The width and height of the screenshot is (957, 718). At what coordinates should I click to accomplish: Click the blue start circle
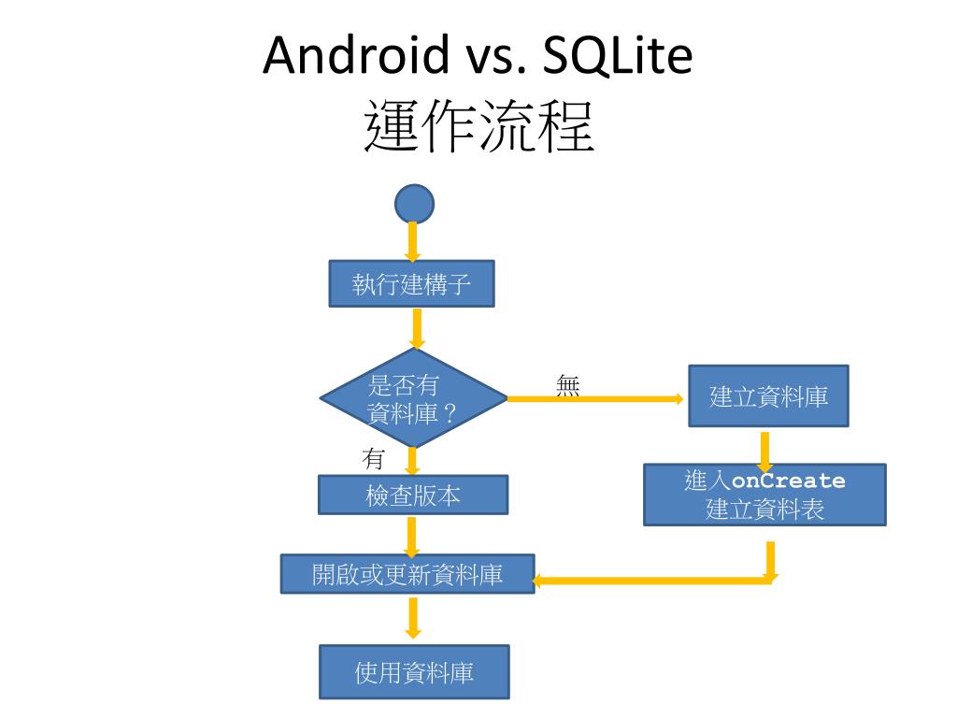point(414,203)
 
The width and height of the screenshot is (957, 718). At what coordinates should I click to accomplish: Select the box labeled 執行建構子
point(411,284)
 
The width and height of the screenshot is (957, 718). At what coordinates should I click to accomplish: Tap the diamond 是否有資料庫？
point(413,398)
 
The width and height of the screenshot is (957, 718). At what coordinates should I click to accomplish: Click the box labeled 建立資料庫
point(768,396)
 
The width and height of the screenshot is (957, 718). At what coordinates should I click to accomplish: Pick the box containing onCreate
point(764,495)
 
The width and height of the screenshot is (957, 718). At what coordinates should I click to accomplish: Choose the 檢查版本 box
point(413,495)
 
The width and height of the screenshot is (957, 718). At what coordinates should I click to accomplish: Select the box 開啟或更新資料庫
point(407,574)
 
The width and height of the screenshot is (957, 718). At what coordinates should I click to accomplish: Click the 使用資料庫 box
point(414,671)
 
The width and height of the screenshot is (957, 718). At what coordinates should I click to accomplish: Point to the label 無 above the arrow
point(567,385)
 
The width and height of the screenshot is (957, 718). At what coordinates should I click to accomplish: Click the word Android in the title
point(355,56)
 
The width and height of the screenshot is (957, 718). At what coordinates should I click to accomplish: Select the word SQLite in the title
point(612,56)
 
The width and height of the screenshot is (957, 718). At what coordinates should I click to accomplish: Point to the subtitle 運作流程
point(478,128)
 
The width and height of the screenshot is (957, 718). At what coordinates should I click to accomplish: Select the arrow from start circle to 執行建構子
point(413,242)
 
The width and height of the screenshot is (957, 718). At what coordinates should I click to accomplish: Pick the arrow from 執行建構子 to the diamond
point(417,328)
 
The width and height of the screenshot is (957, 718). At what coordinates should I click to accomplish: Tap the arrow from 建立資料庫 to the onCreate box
point(764,450)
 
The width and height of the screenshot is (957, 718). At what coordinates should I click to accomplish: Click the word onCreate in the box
point(789,481)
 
